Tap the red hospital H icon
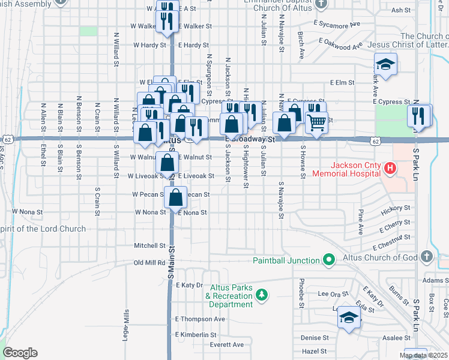coord(390,169)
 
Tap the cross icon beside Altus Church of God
coord(426,257)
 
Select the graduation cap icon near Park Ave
coord(385,64)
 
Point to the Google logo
coord(20,353)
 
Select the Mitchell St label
coord(149,245)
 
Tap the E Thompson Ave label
coord(200,319)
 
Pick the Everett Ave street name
coord(227,344)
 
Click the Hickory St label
coord(398,208)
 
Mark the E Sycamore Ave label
coord(336,25)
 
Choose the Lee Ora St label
coord(333,294)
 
